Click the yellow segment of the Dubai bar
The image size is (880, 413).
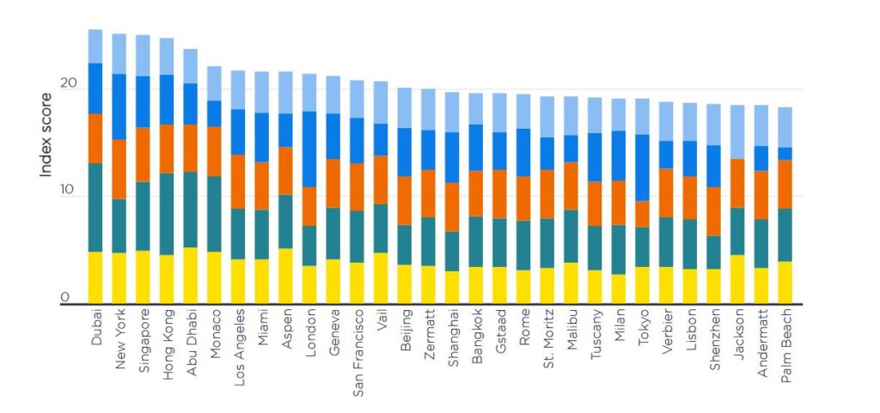tap(95, 276)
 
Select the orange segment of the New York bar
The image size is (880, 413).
tap(119, 168)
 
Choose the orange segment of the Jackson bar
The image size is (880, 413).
tap(737, 183)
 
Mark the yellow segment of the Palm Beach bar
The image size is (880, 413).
tap(785, 282)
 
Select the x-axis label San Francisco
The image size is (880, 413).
tap(357, 348)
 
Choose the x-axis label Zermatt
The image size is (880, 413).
tap(428, 334)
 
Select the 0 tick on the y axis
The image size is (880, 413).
tap(64, 297)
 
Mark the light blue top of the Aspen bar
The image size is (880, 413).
tap(285, 92)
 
